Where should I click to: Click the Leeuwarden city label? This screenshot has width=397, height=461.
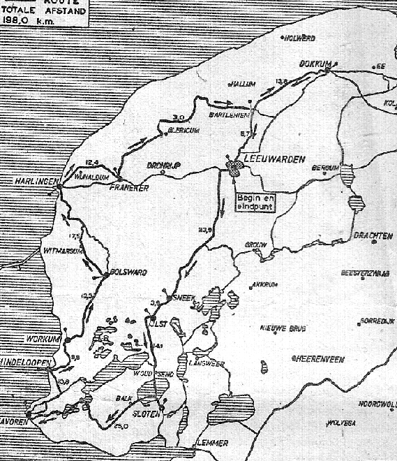(277, 160)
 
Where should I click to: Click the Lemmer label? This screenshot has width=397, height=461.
(212, 442)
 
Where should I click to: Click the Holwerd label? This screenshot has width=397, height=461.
(301, 38)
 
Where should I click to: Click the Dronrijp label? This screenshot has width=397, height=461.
(165, 165)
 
